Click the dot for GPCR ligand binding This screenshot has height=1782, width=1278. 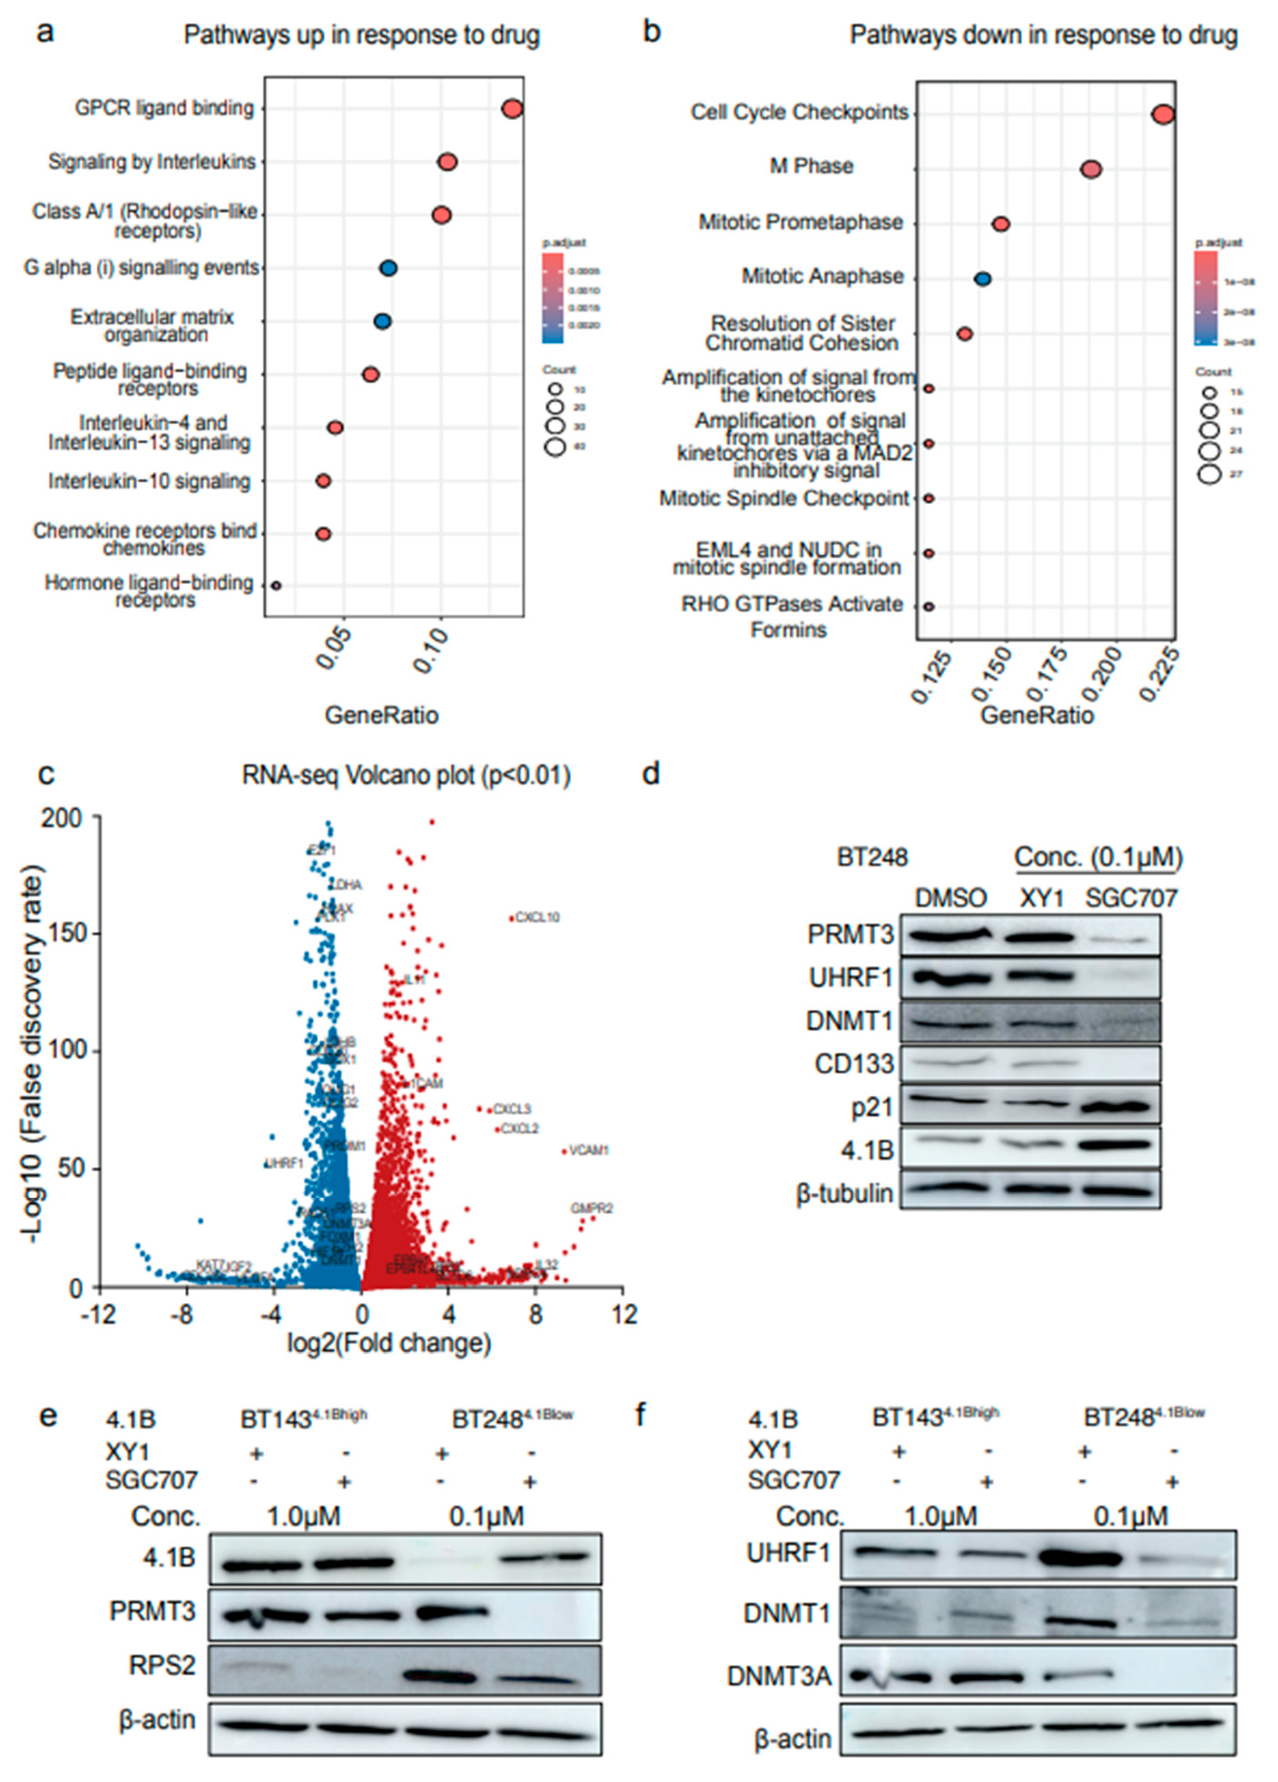coord(512,109)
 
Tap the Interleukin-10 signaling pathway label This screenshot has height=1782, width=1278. coord(149,481)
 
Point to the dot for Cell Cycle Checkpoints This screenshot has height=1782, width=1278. coord(1163,115)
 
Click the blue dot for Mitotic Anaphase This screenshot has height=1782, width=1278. coord(982,279)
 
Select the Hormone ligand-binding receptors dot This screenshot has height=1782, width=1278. coord(276,586)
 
